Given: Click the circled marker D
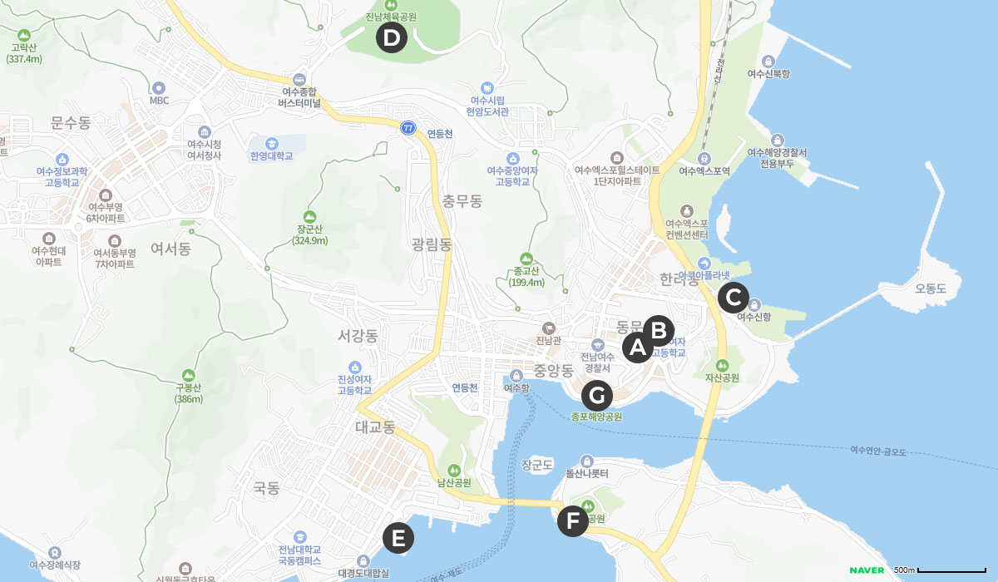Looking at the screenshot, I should tap(391, 37).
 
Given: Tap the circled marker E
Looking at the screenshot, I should tap(398, 538).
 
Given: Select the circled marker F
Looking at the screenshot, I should tap(572, 521).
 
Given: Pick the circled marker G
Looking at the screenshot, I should tap(596, 395).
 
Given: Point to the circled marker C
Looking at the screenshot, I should tap(733, 296).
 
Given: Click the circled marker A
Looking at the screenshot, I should tap(638, 348).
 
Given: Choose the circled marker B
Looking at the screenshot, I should tap(659, 331).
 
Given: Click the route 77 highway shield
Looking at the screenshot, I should tap(408, 127).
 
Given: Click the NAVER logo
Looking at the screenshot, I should tap(866, 570).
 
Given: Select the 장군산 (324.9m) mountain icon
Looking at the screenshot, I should tap(311, 215).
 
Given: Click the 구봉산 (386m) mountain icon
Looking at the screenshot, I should tap(189, 374).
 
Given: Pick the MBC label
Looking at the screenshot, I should tap(159, 100).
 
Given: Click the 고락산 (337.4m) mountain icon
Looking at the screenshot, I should tap(24, 35).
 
